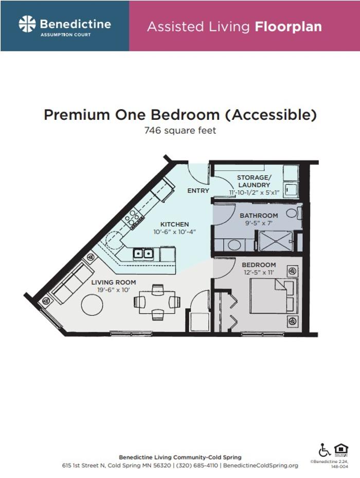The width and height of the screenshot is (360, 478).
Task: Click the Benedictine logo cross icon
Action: (27, 24)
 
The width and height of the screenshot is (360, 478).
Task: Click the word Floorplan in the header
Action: (288, 27)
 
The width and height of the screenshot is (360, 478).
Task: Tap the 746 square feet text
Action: (180, 131)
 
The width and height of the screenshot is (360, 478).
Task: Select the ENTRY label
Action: (198, 191)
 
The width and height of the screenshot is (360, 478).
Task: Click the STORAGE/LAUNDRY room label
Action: (254, 181)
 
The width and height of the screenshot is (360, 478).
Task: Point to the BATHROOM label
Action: (258, 216)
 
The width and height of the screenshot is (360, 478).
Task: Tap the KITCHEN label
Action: (174, 224)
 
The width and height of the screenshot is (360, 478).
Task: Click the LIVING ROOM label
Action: (114, 282)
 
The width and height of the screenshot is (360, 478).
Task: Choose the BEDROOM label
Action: (259, 265)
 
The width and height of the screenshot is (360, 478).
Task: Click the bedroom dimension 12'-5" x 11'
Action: (259, 273)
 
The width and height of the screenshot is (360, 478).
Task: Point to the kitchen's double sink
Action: (143, 253)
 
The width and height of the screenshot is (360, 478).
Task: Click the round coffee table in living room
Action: (92, 305)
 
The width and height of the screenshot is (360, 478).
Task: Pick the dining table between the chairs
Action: (157, 302)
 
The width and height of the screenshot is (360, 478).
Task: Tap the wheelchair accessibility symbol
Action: (325, 450)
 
